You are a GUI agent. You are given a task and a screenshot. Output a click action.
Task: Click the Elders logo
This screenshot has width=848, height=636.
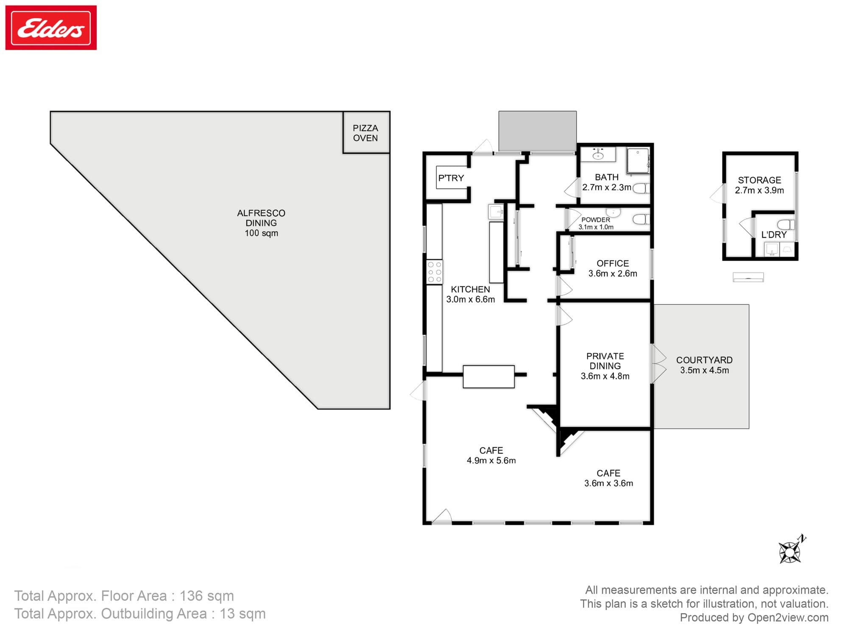pyautogui.click(x=51, y=28)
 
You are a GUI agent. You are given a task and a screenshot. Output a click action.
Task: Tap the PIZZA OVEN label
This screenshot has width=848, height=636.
pyautogui.click(x=365, y=133)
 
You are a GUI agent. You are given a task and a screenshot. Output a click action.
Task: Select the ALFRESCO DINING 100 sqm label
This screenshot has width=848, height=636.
pyautogui.click(x=261, y=223)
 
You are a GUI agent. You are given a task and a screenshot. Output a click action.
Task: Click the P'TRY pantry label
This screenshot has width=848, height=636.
pyautogui.click(x=451, y=178)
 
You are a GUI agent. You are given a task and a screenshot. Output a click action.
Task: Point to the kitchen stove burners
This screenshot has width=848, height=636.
pyautogui.click(x=435, y=272)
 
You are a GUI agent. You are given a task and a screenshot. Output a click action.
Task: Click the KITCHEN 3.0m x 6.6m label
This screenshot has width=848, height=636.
pyautogui.click(x=470, y=294)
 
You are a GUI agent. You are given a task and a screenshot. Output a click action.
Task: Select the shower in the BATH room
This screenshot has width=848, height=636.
pyautogui.click(x=638, y=161)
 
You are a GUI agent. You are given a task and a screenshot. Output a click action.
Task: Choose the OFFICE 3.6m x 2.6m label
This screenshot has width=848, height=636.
pyautogui.click(x=613, y=268)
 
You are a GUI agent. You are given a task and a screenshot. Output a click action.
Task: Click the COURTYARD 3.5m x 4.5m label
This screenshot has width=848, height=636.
pyautogui.click(x=704, y=365)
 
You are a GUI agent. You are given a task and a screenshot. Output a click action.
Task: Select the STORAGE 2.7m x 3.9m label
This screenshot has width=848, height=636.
pyautogui.click(x=759, y=185)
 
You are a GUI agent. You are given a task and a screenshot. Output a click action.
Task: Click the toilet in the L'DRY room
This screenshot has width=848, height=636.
pyautogui.click(x=786, y=225)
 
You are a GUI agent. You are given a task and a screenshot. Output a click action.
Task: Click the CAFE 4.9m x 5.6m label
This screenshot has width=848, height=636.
pyautogui.click(x=491, y=455)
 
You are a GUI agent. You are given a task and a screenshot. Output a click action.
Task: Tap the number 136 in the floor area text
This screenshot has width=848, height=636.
pyautogui.click(x=191, y=596)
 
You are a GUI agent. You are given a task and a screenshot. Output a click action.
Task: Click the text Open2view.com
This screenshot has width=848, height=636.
pyautogui.click(x=788, y=617)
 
